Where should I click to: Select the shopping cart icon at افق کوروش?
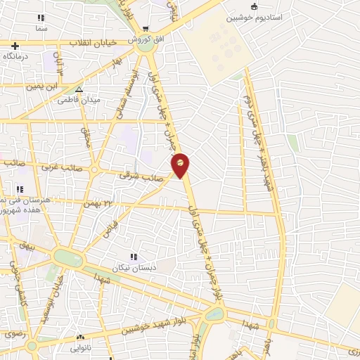145,30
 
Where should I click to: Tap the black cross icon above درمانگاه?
15,46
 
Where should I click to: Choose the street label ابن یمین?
41,86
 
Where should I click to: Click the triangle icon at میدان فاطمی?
79,90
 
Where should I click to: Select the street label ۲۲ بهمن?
98,202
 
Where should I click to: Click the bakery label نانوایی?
79,347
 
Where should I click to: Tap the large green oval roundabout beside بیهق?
68,258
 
